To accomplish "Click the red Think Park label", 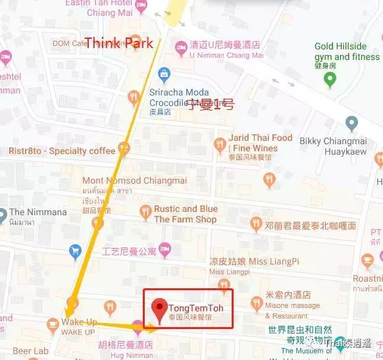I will click(120, 44).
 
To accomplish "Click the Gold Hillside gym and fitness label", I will click(349, 51).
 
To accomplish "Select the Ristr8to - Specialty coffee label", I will click(62, 151).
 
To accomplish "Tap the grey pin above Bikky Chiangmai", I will click(351, 123).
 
